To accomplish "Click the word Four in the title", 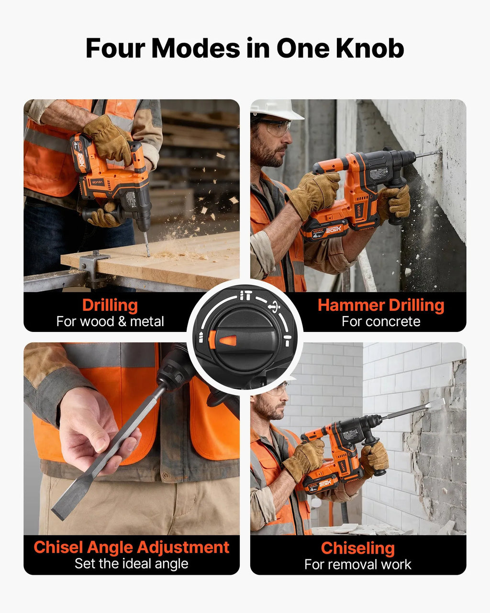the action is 116,48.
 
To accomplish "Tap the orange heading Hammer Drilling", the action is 381,305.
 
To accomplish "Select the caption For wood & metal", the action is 110,322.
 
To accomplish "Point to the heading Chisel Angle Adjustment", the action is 131,547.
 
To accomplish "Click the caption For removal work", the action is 358,564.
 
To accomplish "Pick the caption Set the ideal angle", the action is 131,564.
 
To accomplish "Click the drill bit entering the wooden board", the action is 146,244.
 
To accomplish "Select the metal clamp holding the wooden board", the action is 94,266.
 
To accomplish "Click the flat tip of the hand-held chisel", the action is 58,511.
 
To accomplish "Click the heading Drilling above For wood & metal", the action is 110,305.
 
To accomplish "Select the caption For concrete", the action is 381,322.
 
